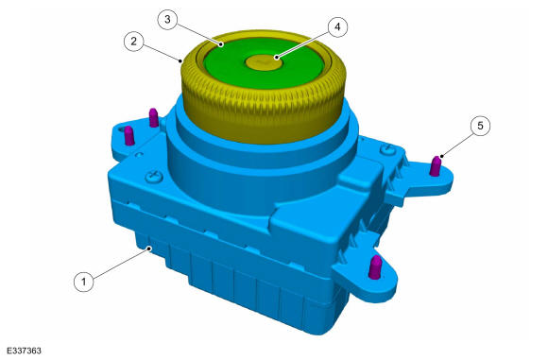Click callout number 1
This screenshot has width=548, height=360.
coord(84,281)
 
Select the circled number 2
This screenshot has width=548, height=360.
coord(134,42)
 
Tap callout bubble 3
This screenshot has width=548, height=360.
coord(168,19)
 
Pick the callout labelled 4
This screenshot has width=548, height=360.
coord(337,26)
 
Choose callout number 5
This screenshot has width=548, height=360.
coord(480,125)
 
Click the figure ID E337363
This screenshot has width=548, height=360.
coord(24,351)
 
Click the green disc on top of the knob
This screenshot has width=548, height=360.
coord(263,63)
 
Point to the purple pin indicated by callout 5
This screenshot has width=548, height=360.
coord(436,166)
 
